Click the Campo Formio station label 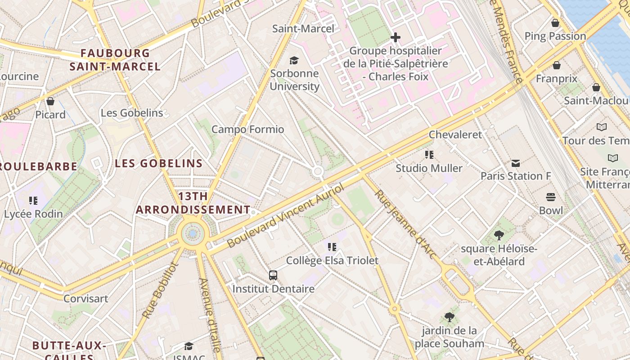pyautogui.click(x=247, y=130)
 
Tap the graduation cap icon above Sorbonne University pyautogui.click(x=294, y=60)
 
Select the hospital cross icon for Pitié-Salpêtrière pyautogui.click(x=396, y=37)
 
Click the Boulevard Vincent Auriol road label pyautogui.click(x=285, y=216)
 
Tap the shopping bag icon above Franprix pyautogui.click(x=557, y=66)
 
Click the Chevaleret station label pyautogui.click(x=455, y=135)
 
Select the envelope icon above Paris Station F pyautogui.click(x=516, y=163)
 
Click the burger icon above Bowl pyautogui.click(x=551, y=197)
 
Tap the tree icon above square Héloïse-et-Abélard pyautogui.click(x=499, y=235)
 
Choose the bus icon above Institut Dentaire pyautogui.click(x=273, y=275)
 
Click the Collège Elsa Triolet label pyautogui.click(x=332, y=261)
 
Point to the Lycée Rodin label pyautogui.click(x=33, y=214)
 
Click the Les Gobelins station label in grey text pyautogui.click(x=132, y=113)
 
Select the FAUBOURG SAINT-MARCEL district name pyautogui.click(x=115, y=60)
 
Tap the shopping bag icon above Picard pyautogui.click(x=50, y=102)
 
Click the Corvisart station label pyautogui.click(x=85, y=298)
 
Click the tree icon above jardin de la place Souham pyautogui.click(x=449, y=317)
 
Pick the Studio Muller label pyautogui.click(x=429, y=168)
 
